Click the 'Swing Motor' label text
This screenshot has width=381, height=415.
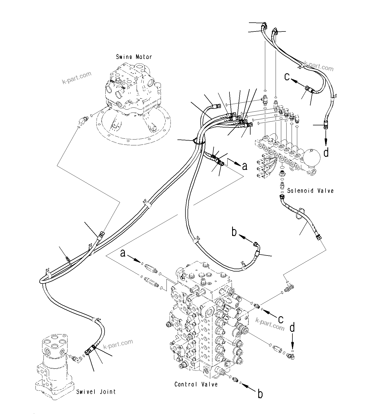tap(134, 57)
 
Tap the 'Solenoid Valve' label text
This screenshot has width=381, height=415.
tap(310, 191)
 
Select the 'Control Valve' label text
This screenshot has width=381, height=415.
tap(196, 384)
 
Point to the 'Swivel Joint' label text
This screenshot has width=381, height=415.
tap(96, 392)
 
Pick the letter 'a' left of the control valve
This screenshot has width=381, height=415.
tap(123, 253)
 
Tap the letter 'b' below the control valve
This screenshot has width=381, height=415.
tap(260, 394)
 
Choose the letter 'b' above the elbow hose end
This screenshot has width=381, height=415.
tap(234, 232)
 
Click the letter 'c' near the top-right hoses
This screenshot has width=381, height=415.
tap(287, 77)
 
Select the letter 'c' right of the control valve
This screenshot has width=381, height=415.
tap(280, 319)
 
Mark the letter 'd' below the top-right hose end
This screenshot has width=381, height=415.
tap(326, 153)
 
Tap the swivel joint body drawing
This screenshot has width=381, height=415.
tap(55, 365)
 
